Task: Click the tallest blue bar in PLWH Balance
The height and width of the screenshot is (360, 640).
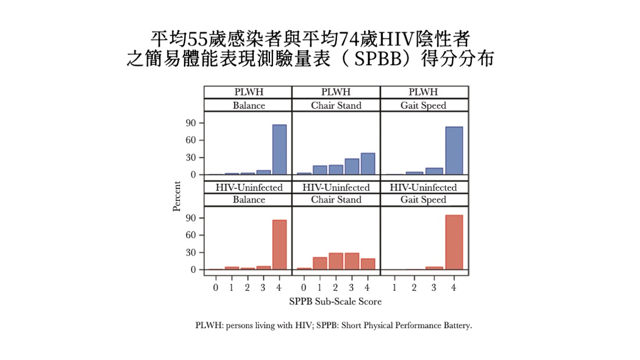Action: point(279,149)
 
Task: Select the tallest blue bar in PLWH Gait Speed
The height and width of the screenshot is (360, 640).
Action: point(454,151)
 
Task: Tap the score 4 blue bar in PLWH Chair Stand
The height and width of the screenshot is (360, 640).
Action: point(367,163)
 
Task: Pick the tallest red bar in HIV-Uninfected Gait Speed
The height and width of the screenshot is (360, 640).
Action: point(454,242)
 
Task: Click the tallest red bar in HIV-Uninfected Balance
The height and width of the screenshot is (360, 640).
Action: point(279,244)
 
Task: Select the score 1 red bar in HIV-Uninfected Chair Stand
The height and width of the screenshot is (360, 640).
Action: point(319,263)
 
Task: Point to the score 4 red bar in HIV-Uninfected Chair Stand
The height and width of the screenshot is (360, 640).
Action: point(367,263)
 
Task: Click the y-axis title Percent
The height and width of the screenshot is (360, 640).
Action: point(177,197)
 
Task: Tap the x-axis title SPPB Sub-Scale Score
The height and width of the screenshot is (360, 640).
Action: point(335,302)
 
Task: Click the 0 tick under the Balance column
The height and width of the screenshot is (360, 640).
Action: point(215,287)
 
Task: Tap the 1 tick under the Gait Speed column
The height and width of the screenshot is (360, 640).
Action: point(394,287)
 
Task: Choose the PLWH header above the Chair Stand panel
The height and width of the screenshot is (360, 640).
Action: point(336,92)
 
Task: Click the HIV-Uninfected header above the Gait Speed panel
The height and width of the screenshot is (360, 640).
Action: point(423,187)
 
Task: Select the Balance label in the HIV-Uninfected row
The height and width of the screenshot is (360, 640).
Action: point(248,199)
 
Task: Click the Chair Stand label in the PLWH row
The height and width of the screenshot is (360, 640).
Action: point(336,105)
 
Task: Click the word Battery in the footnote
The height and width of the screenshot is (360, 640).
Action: point(457,325)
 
